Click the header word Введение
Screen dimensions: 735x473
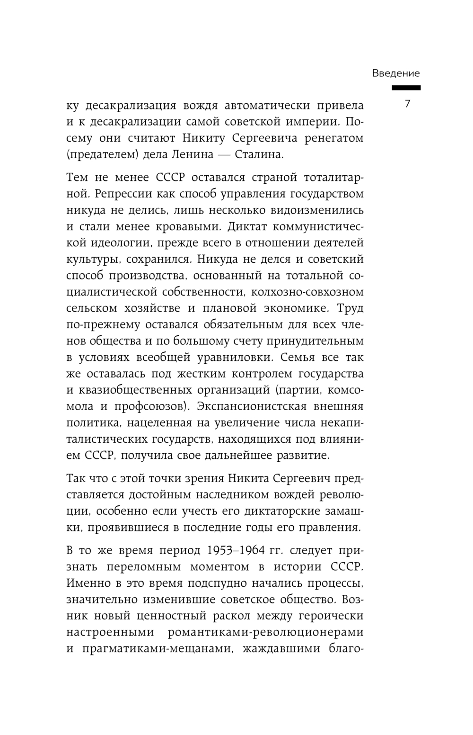[395, 73]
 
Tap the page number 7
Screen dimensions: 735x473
[408, 104]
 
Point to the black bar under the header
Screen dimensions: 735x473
[406, 88]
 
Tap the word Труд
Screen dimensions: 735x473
[350, 308]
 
